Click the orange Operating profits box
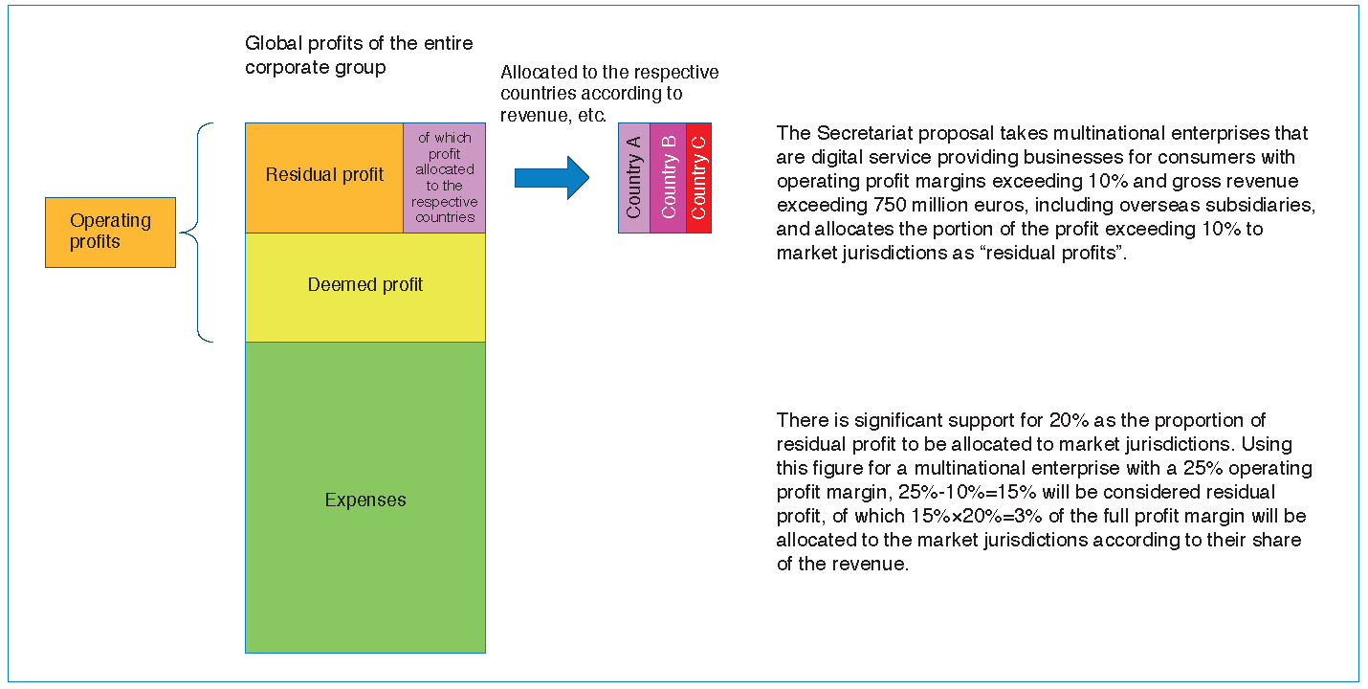111,233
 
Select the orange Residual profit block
324,178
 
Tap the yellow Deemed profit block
365,287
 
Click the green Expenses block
365,498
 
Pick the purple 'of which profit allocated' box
445,178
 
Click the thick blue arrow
551,178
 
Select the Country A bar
634,178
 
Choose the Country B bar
668,178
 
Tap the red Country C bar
698,178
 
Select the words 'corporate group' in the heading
315,68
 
